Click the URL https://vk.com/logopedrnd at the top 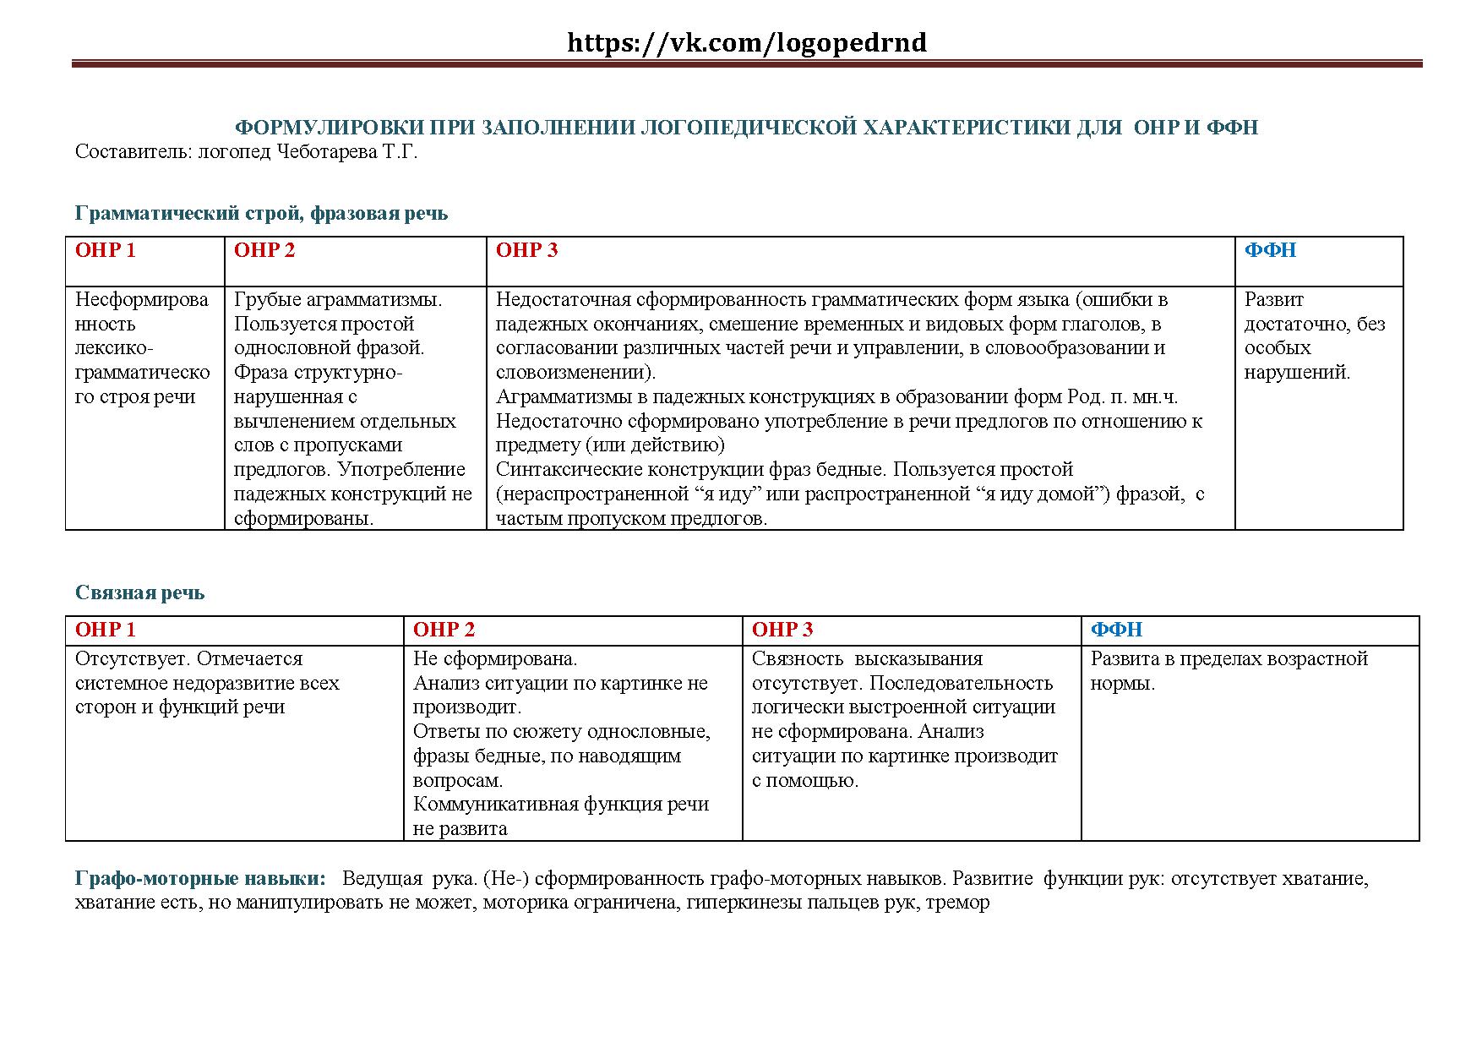[x=747, y=42]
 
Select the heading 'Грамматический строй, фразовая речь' [x=261, y=213]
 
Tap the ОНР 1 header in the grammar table [x=106, y=250]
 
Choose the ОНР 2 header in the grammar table [x=264, y=250]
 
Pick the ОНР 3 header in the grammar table [x=527, y=250]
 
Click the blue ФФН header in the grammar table [x=1270, y=250]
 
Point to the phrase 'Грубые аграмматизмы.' [x=338, y=299]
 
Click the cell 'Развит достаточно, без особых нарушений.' [x=1314, y=336]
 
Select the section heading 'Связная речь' [x=139, y=592]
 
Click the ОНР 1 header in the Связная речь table [x=106, y=630]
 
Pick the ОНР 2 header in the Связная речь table [x=444, y=630]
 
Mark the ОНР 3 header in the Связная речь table [x=782, y=630]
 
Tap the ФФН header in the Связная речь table [x=1116, y=630]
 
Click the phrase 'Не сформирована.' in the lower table [x=495, y=658]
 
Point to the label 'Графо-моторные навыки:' [x=200, y=878]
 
